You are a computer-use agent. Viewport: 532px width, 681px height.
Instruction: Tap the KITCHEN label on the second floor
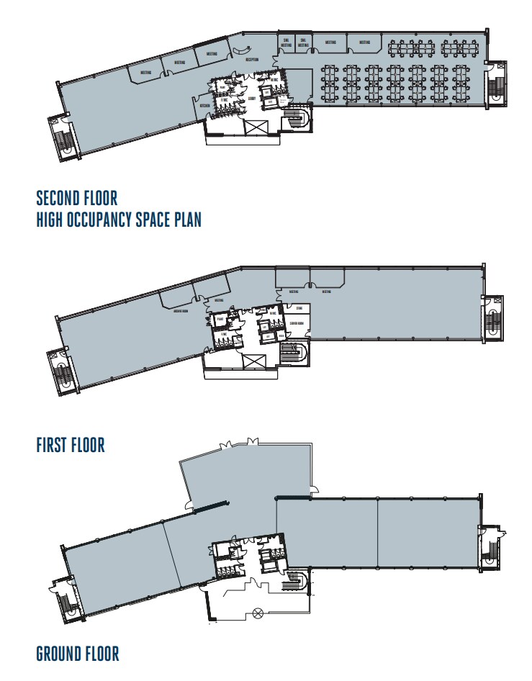point(204,105)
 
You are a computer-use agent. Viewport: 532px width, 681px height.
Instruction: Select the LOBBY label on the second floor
point(251,98)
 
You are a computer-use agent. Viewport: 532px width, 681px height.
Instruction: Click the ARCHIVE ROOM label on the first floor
point(181,312)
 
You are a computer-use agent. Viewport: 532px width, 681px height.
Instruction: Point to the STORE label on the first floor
point(297,309)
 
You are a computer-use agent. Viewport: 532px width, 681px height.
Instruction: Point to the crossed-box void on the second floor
point(256,127)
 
